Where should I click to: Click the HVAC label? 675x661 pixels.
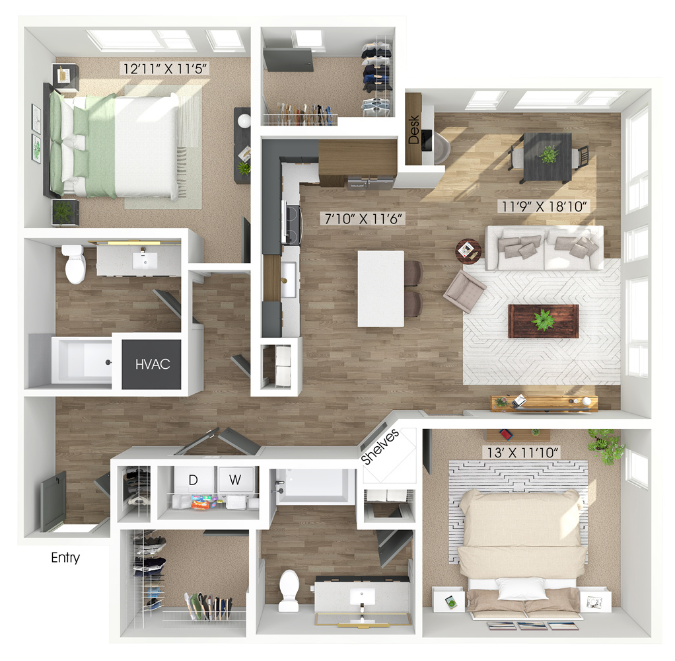pyautogui.click(x=153, y=364)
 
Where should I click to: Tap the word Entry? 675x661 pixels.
pyautogui.click(x=65, y=558)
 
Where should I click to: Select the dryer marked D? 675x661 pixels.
pyautogui.click(x=194, y=480)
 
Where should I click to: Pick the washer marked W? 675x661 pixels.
pyautogui.click(x=235, y=479)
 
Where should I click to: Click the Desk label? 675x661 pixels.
pyautogui.click(x=413, y=130)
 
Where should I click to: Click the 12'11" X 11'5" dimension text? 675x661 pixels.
pyautogui.click(x=166, y=68)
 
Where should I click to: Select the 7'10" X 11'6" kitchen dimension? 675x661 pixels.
pyautogui.click(x=363, y=219)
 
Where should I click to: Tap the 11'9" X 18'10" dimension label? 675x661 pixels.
pyautogui.click(x=544, y=206)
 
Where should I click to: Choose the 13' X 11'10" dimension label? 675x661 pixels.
pyautogui.click(x=523, y=452)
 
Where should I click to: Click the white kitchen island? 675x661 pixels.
pyautogui.click(x=381, y=289)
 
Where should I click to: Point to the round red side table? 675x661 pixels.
pyautogui.click(x=468, y=252)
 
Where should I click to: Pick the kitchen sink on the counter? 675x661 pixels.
pyautogui.click(x=289, y=280)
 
